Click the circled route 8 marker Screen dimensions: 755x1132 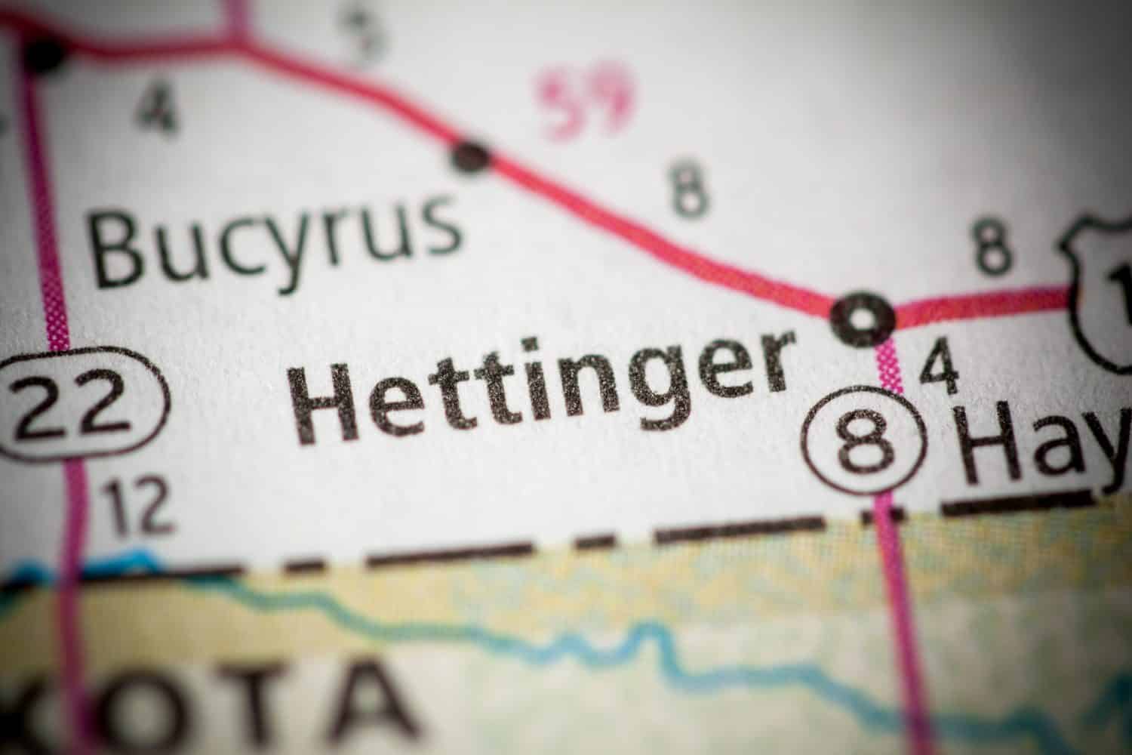click(865, 439)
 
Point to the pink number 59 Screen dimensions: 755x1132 click(589, 102)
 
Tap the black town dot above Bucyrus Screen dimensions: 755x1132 click(471, 156)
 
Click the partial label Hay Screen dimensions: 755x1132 click(1045, 445)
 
